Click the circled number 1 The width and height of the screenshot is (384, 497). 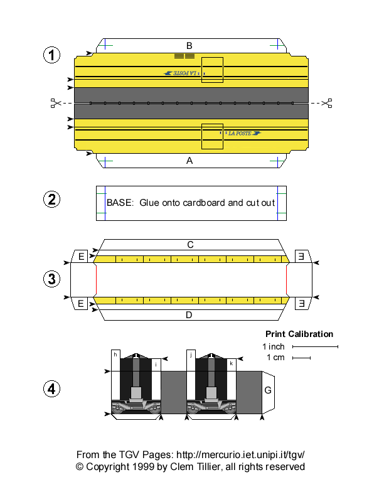click(51, 55)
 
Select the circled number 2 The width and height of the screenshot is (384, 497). click(51, 200)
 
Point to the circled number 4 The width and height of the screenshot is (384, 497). click(51, 389)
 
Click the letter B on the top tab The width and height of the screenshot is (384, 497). click(189, 45)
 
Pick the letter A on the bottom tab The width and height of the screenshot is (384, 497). click(189, 161)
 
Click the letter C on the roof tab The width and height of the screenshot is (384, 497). click(189, 244)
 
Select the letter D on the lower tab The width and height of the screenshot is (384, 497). click(189, 314)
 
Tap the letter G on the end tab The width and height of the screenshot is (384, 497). click(268, 390)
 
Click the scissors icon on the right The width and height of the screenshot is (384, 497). click(326, 102)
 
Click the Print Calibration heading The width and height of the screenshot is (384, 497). click(299, 334)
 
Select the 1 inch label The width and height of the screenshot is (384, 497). click(274, 346)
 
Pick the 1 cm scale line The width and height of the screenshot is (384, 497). click(301, 358)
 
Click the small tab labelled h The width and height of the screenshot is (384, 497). click(115, 355)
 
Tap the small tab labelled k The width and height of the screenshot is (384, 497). click(231, 363)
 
